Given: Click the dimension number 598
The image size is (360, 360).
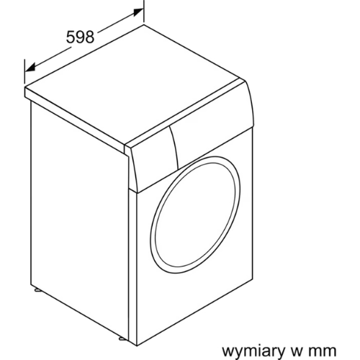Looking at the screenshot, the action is (80, 37).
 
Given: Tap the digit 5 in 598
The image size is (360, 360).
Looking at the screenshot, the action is (71, 37).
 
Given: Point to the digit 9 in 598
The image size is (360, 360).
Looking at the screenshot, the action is (80, 37).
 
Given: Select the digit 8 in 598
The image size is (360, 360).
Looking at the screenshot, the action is (89, 37).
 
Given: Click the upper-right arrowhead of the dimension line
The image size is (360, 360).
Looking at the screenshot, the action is (138, 12).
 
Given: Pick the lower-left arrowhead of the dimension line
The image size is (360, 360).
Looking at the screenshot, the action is (30, 67).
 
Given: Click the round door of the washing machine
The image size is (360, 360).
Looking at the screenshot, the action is (195, 215).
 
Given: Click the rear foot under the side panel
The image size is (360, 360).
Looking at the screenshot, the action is (38, 289).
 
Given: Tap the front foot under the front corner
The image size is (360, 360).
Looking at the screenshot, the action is (122, 338).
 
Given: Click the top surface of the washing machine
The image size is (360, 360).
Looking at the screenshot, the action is (135, 84).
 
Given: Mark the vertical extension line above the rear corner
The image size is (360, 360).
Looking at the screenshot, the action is (144, 11).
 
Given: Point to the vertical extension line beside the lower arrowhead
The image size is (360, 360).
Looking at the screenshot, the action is (24, 71).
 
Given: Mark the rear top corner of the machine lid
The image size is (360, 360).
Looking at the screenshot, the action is (144, 25).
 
